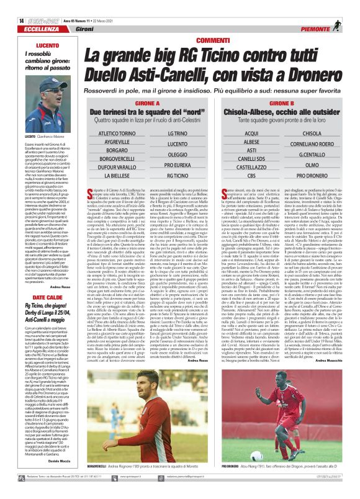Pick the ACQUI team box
point(251,133)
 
